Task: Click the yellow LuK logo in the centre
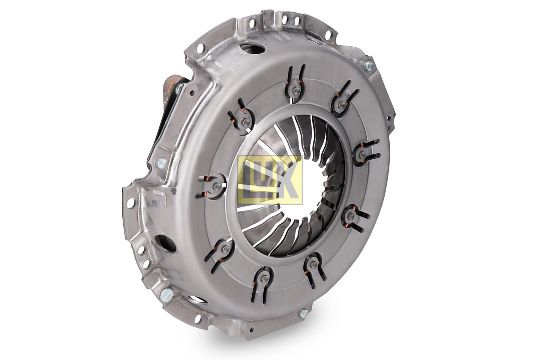click(x=270, y=180)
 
